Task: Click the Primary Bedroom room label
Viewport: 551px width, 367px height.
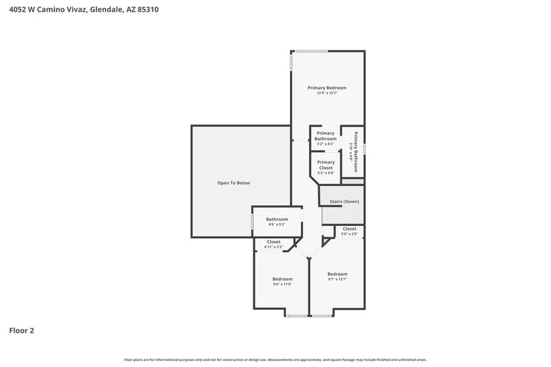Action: [326, 87]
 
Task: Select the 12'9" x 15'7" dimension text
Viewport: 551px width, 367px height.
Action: [326, 94]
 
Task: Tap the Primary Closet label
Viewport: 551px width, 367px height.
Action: [325, 165]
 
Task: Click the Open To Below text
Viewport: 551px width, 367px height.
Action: [233, 182]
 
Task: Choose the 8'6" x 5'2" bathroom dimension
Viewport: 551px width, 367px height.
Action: [277, 225]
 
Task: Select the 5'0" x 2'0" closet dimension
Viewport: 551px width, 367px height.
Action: [349, 234]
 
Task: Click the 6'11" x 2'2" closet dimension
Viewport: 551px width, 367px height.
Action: [273, 247]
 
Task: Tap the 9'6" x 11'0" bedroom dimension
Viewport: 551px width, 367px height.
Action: [282, 284]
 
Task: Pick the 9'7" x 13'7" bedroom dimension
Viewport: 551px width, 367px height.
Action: [337, 280]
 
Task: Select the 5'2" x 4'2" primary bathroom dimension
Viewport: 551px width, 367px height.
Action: [325, 144]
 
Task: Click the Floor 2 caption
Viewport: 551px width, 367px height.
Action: [21, 331]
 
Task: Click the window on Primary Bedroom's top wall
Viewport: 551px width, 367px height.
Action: [312, 50]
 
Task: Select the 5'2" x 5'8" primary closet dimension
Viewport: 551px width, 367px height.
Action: [325, 173]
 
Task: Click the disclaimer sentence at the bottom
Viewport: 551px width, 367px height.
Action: [275, 359]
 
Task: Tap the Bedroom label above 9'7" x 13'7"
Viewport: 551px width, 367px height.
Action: [337, 274]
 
